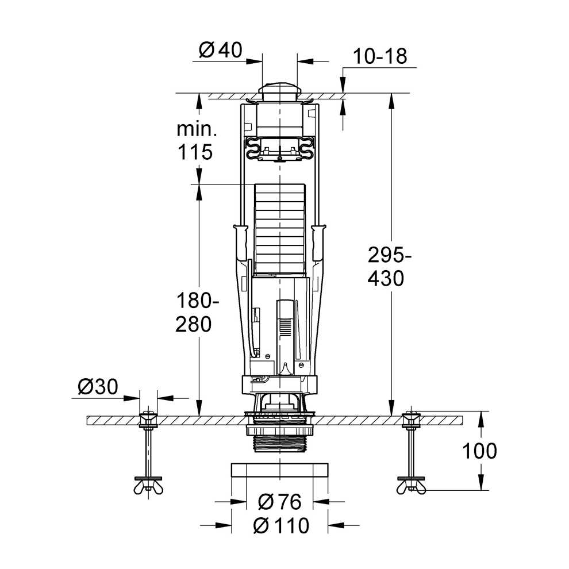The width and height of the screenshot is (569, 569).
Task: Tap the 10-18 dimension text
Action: [379, 56]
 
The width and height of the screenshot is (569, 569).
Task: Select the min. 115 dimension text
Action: [197, 140]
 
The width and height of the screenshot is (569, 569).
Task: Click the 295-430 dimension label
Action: [389, 266]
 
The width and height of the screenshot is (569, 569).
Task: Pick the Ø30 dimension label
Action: [98, 387]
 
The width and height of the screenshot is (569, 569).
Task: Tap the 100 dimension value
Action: [479, 451]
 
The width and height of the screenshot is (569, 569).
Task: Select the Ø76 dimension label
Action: [279, 502]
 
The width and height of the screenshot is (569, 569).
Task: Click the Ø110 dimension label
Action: [281, 525]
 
